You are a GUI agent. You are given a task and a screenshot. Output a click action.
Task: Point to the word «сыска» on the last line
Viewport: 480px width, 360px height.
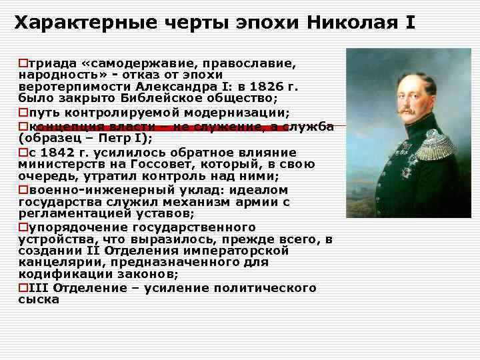pos(39,300)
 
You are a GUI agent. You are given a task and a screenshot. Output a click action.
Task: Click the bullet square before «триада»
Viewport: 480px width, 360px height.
pos(23,62)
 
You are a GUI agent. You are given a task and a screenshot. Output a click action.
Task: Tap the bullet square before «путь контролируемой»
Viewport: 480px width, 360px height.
pos(23,112)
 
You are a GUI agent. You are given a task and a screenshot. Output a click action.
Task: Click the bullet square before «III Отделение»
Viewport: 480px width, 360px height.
pos(23,288)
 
